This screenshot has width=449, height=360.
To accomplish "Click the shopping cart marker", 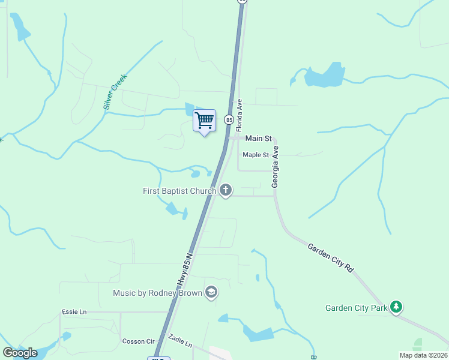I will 204,121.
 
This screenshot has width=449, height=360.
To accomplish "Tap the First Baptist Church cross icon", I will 226,191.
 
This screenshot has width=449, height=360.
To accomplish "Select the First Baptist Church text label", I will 179,191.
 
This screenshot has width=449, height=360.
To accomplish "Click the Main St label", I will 259,139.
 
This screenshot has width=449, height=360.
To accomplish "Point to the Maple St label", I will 256,155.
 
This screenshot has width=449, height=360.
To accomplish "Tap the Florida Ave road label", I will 239,116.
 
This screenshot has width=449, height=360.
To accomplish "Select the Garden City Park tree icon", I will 396,307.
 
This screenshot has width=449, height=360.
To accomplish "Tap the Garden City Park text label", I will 357,308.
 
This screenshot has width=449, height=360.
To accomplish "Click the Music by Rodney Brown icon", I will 211,292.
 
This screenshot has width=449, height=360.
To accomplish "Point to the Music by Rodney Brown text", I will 158,293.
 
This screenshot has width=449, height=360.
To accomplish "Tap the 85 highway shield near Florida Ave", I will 229,120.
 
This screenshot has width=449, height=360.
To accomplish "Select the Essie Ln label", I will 74,312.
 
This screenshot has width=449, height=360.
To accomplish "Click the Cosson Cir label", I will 139,341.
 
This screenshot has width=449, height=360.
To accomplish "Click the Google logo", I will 20,352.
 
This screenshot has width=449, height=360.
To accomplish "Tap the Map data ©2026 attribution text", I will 423,355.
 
